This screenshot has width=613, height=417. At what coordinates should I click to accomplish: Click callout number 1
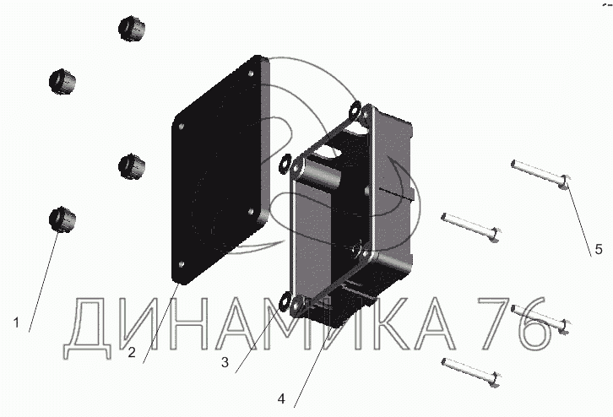(16, 322)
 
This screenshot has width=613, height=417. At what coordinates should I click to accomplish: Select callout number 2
(132, 353)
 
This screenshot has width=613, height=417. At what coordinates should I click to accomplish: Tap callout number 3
(225, 362)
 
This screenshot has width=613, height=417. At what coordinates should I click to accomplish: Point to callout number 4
(281, 398)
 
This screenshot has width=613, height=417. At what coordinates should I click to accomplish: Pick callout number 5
(599, 249)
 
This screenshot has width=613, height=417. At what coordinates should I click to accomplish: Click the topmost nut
(132, 29)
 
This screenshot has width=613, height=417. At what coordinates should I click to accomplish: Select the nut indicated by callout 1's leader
(62, 219)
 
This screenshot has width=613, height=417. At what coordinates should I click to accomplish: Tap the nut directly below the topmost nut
(132, 166)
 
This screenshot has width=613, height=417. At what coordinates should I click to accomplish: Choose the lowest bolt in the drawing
(470, 372)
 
